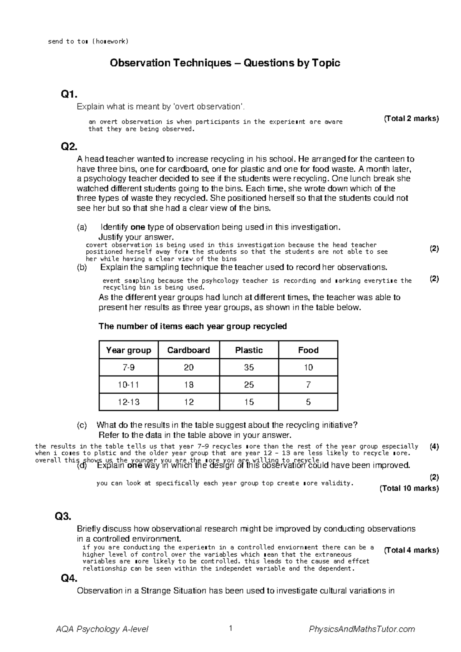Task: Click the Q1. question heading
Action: tap(69, 94)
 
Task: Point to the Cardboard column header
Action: tap(189, 350)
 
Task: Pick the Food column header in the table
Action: tap(308, 350)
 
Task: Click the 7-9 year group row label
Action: tap(128, 368)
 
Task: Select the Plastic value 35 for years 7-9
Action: tap(249, 368)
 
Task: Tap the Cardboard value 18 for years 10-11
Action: tap(189, 385)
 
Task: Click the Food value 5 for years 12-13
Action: tap(308, 402)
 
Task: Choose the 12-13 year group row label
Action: tap(128, 402)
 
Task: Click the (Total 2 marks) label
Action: tap(411, 119)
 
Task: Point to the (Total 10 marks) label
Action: tap(409, 488)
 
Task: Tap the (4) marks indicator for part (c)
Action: tap(434, 447)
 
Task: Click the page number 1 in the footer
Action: tap(230, 629)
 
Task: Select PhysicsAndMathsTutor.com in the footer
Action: tap(362, 629)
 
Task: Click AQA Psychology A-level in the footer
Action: tap(102, 629)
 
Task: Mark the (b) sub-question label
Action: tap(82, 267)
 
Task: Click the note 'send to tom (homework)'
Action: tap(88, 42)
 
